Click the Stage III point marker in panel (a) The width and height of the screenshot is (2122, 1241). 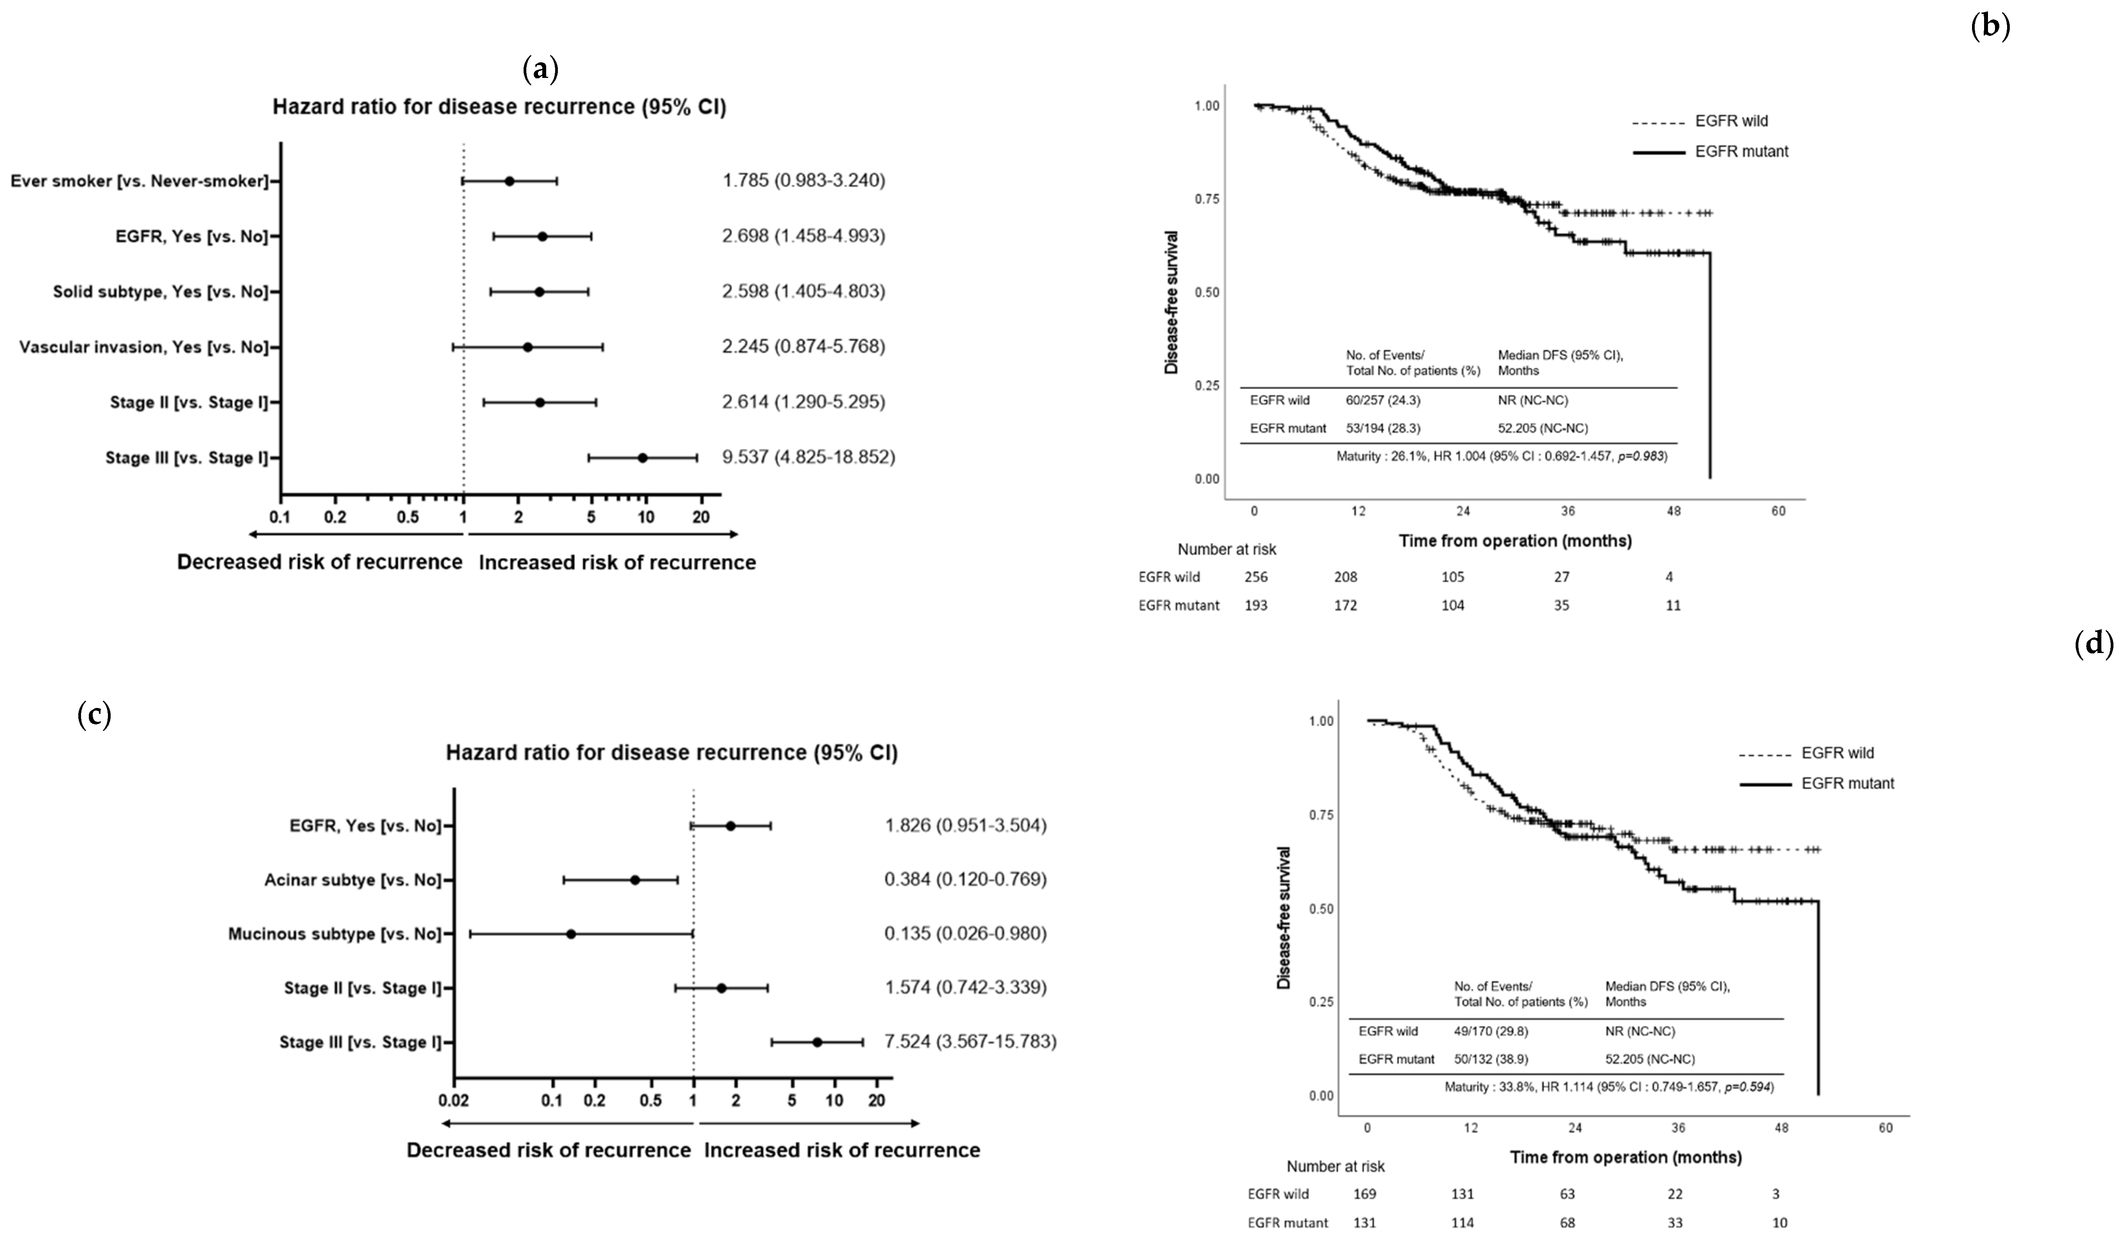pyautogui.click(x=642, y=458)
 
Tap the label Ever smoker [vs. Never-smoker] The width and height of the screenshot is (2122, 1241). pyautogui.click(x=140, y=181)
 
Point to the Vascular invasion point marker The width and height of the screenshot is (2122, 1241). pyautogui.click(x=528, y=347)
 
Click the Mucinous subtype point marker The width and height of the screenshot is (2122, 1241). pyautogui.click(x=571, y=934)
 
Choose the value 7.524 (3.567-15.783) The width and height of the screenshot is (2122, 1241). pyautogui.click(x=970, y=1042)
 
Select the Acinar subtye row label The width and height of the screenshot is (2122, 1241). pyautogui.click(x=353, y=880)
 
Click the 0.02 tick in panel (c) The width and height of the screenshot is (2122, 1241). pyautogui.click(x=454, y=1100)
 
